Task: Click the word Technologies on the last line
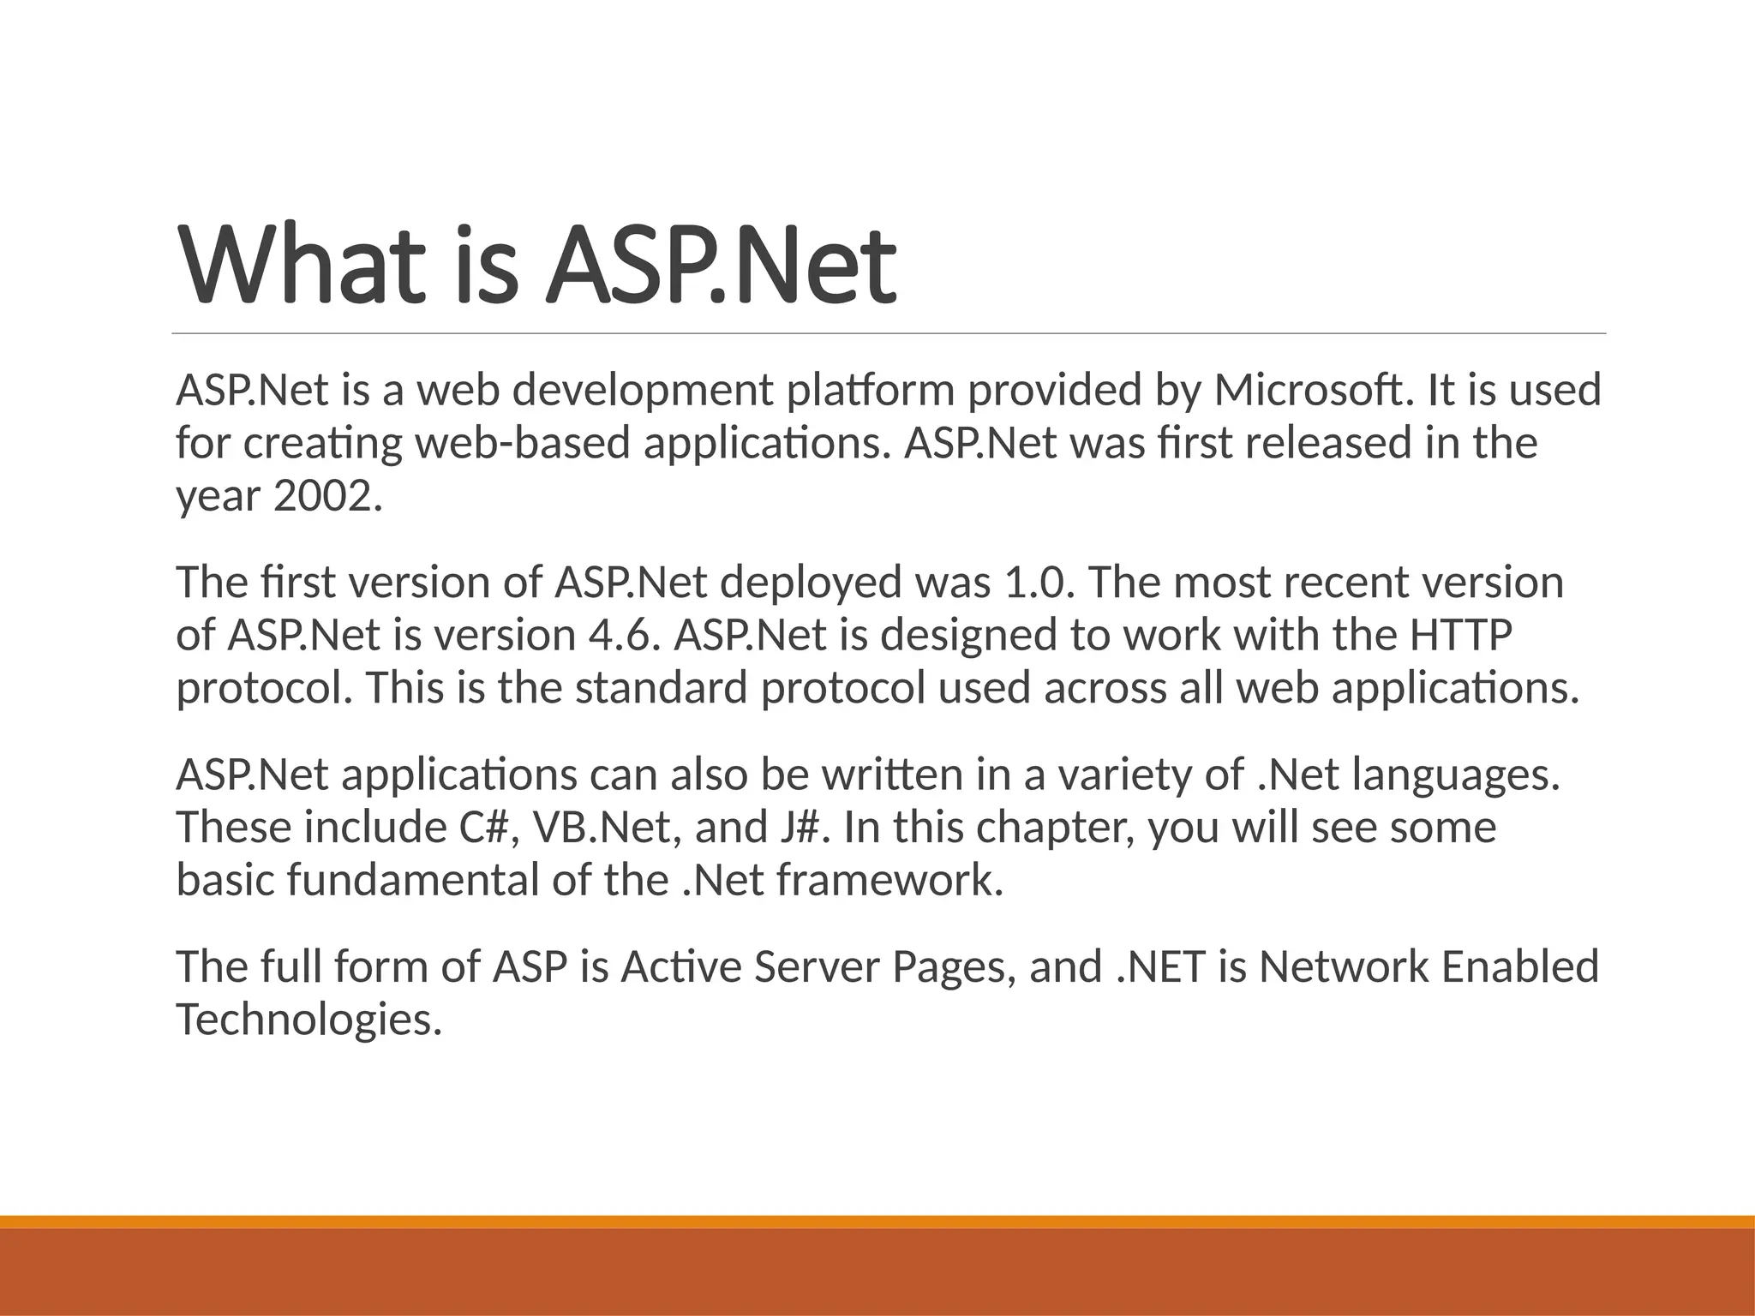coord(308,1020)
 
